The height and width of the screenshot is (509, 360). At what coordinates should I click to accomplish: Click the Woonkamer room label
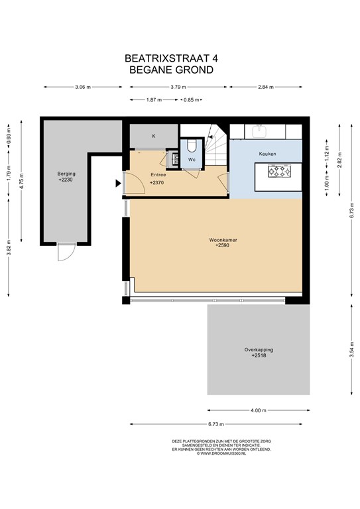coord(223,240)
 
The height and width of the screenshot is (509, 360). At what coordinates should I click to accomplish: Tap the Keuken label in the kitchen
coord(267,154)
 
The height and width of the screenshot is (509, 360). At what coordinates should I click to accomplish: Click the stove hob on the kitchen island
coord(279,171)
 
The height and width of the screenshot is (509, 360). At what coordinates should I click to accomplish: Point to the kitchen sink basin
coord(260,131)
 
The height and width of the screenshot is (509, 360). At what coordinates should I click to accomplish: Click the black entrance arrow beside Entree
coord(118,184)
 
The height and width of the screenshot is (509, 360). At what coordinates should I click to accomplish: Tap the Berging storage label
coord(66,174)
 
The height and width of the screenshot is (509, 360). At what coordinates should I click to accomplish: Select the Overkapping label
coord(259,350)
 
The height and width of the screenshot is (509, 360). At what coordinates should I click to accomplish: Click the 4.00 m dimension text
coord(259,410)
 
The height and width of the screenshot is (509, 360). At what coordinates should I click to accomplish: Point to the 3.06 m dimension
coord(83,87)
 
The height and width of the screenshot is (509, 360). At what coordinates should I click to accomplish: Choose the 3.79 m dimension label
coord(178,87)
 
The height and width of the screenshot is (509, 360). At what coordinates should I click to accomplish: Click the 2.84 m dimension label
coord(266,87)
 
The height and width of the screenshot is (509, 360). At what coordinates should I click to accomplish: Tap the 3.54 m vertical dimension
coord(351,350)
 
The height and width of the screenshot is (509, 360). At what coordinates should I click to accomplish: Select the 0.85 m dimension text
coord(191,99)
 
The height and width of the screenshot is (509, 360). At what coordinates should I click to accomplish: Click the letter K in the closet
coord(154,136)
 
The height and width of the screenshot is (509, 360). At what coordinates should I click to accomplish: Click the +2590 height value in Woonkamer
coord(222,245)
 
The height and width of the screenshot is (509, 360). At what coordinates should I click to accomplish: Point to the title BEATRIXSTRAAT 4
coord(172,58)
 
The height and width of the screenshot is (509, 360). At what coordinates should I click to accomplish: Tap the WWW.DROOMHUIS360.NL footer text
coord(221,453)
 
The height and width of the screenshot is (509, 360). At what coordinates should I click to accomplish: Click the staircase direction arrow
coord(210,137)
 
